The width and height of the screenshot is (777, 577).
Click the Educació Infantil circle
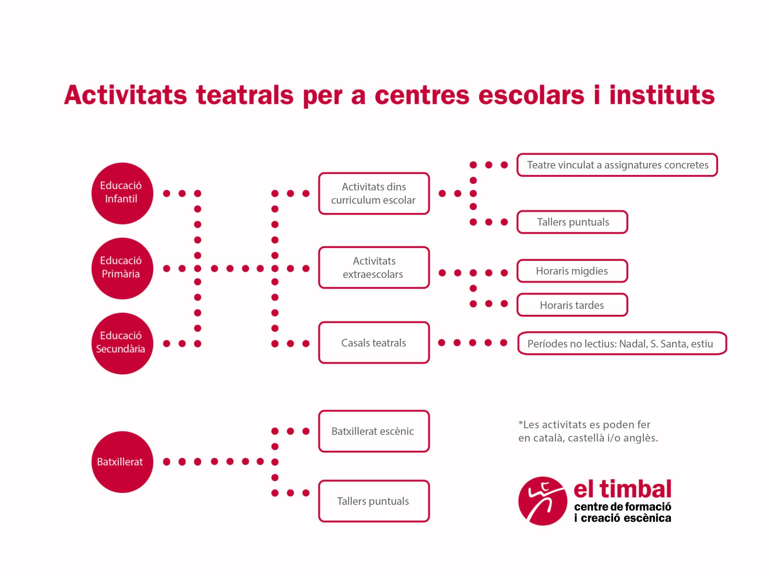click(x=122, y=193)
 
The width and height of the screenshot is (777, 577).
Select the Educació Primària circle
click(x=122, y=268)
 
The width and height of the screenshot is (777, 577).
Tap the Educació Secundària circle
click(x=122, y=343)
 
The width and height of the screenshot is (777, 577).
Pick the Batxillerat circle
click(x=122, y=462)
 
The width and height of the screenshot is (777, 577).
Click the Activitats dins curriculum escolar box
click(x=374, y=193)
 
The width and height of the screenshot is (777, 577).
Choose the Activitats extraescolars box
click(x=374, y=268)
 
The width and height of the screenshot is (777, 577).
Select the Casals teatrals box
click(x=374, y=342)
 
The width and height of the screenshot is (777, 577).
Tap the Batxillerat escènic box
click(x=374, y=431)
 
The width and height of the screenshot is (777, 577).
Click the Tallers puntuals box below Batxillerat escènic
click(x=374, y=501)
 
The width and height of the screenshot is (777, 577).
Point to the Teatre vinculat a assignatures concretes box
click(x=617, y=165)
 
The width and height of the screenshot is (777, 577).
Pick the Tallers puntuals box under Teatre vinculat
click(x=572, y=222)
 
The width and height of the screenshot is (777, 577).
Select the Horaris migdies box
click(x=572, y=271)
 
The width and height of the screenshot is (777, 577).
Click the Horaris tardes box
click(x=572, y=305)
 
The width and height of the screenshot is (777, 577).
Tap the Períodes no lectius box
click(x=622, y=343)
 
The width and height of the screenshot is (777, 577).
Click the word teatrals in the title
click(x=245, y=95)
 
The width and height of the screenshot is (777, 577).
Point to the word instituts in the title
click(x=662, y=95)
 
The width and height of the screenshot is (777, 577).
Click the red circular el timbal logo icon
click(x=543, y=501)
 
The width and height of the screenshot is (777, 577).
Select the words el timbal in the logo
click(x=622, y=489)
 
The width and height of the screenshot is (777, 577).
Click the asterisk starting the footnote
click(x=521, y=423)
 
